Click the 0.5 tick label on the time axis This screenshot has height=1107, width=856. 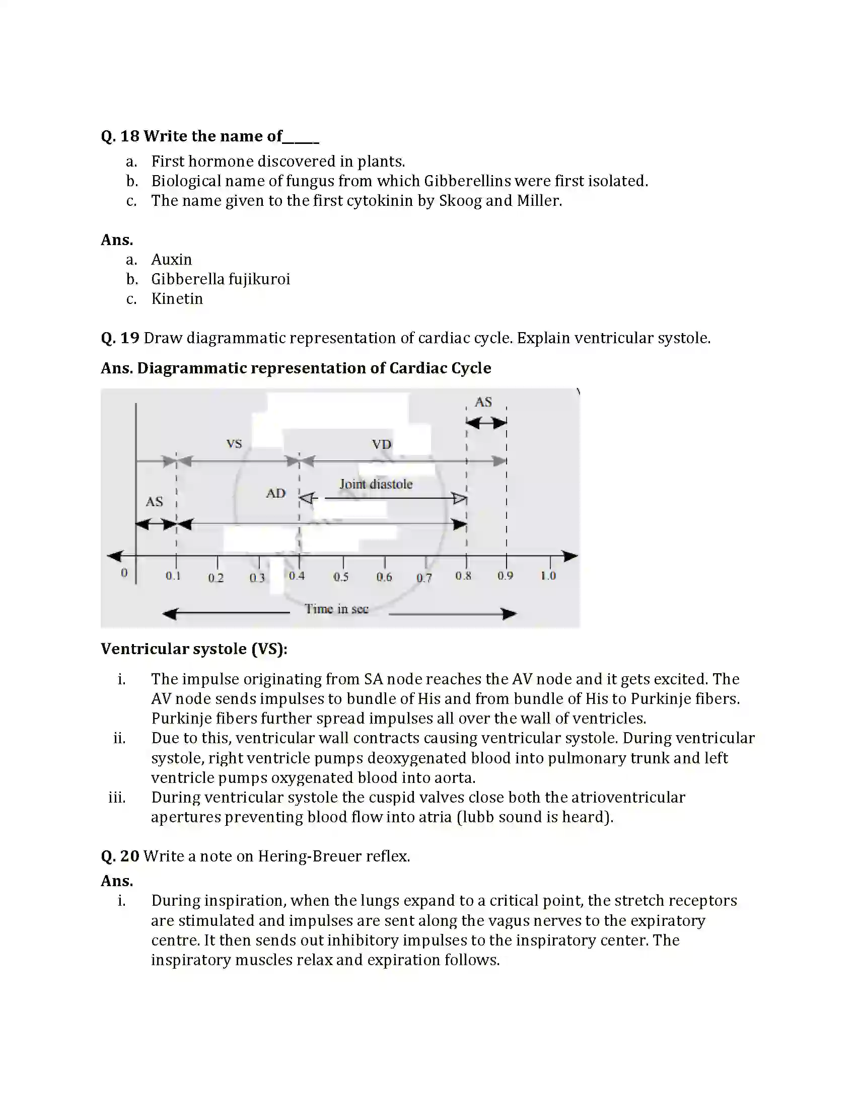(x=341, y=577)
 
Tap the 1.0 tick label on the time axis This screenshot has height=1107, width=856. (x=548, y=576)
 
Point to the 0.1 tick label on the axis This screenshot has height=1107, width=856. (x=173, y=576)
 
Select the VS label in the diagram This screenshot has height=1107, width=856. (x=234, y=444)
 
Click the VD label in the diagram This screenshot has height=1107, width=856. (x=381, y=444)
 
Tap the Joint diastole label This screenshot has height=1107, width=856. (x=376, y=484)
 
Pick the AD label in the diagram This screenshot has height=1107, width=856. (x=276, y=493)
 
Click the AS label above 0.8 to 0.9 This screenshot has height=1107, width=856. (x=483, y=402)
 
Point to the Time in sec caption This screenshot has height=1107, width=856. (x=336, y=609)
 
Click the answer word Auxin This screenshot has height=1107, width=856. (x=171, y=260)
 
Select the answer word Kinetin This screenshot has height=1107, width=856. (x=177, y=299)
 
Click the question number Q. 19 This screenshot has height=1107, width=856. (x=120, y=338)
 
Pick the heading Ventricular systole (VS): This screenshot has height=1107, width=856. (x=194, y=649)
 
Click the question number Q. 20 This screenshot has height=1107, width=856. (x=120, y=856)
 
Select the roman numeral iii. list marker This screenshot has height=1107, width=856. (x=117, y=798)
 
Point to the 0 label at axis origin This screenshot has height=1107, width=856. (x=124, y=573)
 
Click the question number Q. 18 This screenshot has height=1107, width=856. (x=120, y=136)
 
